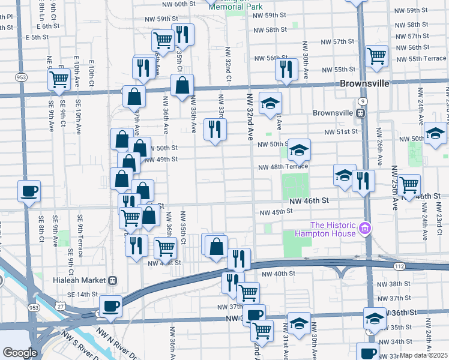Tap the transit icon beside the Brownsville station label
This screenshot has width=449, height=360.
pyautogui.click(x=361, y=113)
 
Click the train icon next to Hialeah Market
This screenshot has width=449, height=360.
pyautogui.click(x=112, y=280)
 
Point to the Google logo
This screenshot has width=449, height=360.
pyautogui.click(x=20, y=353)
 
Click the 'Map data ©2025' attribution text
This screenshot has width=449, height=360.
pyautogui.click(x=423, y=355)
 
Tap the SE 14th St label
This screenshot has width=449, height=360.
pyautogui.click(x=82, y=294)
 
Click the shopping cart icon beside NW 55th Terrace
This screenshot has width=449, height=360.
pyautogui.click(x=376, y=56)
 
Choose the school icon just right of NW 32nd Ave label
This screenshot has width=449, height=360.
pyautogui.click(x=270, y=103)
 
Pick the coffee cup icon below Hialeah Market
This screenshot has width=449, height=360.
pyautogui.click(x=110, y=306)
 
